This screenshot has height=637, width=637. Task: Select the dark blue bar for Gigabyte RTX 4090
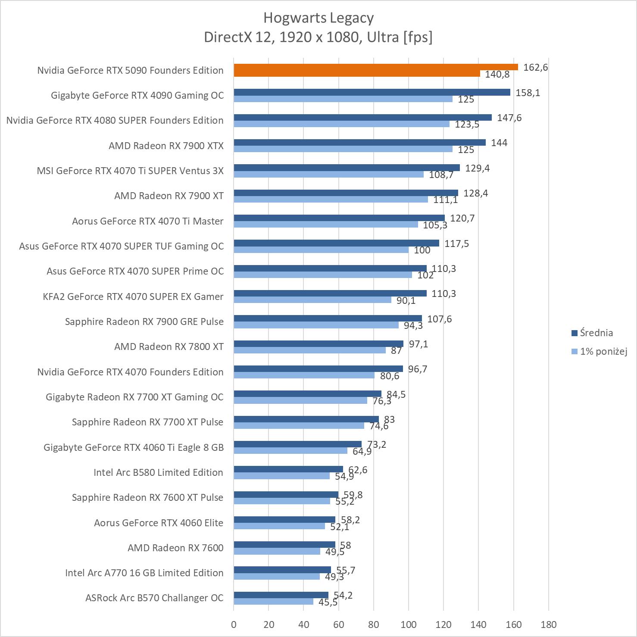(372, 92)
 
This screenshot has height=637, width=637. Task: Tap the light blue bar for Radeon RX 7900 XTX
(343, 149)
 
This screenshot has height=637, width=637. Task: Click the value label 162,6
(535, 67)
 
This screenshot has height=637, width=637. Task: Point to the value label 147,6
(509, 118)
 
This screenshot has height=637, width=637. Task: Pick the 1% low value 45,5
(328, 602)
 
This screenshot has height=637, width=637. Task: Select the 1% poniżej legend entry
(599, 351)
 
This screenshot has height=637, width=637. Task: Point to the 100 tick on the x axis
(409, 625)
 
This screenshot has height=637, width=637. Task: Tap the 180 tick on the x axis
(548, 625)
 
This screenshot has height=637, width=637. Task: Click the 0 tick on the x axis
(234, 625)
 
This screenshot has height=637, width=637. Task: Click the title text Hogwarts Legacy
(318, 18)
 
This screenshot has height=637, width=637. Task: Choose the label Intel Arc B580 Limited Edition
(158, 472)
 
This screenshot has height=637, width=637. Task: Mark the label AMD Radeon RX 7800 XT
(169, 347)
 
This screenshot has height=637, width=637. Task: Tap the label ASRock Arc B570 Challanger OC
(154, 598)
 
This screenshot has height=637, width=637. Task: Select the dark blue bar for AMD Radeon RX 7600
(284, 545)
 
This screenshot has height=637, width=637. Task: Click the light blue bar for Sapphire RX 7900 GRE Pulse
(316, 325)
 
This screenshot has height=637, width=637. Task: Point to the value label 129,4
(477, 168)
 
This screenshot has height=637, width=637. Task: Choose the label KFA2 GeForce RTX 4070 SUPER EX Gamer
(133, 297)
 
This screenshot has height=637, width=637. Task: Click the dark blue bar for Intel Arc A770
(282, 570)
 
